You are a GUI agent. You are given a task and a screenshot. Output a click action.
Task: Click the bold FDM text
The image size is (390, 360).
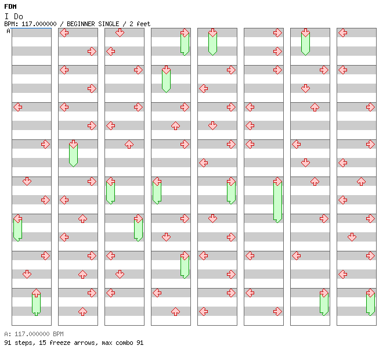pos(10,6)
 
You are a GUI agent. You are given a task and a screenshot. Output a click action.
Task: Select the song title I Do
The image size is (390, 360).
pos(14,16)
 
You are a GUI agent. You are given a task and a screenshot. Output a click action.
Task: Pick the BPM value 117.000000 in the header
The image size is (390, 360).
pos(39,24)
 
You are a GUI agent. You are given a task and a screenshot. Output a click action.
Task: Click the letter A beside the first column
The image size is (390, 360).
pos(9,31)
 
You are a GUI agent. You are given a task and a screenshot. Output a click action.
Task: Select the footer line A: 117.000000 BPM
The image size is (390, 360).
pos(34,334)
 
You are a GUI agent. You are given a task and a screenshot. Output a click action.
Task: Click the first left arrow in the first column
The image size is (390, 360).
pos(17,107)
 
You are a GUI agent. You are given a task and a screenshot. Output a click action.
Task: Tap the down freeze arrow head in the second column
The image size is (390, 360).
pos(73,145)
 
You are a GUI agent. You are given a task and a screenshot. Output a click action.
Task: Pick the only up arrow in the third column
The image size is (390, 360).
pos(129,145)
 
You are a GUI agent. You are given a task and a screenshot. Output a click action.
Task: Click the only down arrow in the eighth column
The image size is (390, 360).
pos(352,237)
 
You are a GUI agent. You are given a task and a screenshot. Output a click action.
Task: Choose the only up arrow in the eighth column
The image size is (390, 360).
pos(361,181)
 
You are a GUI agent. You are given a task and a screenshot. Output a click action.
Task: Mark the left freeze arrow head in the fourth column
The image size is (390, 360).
pos(157,181)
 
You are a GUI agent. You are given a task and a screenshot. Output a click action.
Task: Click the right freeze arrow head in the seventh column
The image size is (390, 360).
pos(324,293)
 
